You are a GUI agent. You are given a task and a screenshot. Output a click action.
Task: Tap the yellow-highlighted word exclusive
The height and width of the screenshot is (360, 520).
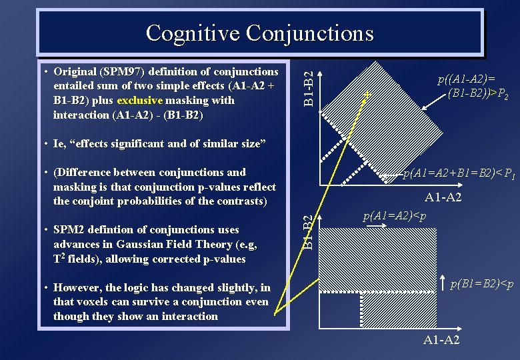click(x=139, y=101)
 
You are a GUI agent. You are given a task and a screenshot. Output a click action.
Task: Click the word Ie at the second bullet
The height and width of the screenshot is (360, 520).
click(x=60, y=144)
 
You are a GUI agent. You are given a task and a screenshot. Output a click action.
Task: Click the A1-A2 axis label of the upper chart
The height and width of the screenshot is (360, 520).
click(x=443, y=197)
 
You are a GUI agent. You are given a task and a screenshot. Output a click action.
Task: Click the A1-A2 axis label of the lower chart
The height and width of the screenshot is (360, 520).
click(x=441, y=341)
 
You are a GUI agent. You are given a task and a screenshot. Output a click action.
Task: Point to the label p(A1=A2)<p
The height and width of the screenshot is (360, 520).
click(x=395, y=217)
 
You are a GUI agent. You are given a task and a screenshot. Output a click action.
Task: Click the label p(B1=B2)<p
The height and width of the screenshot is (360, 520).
click(x=481, y=284)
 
